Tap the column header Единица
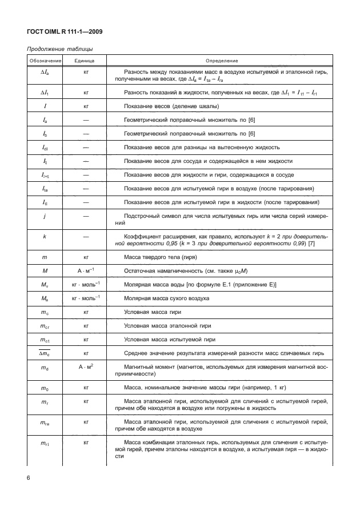(x=85, y=60)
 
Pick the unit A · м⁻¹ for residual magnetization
(x=85, y=271)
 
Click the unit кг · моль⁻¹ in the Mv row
(x=85, y=285)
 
